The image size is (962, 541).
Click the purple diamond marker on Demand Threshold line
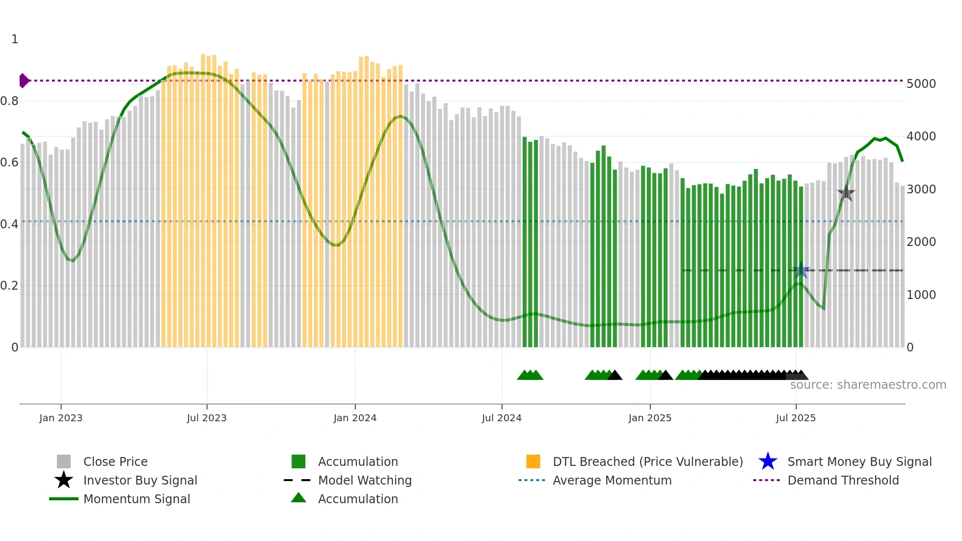pyautogui.click(x=24, y=81)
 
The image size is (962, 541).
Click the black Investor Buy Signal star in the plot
pyautogui.click(x=846, y=193)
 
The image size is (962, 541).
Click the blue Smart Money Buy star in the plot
pyautogui.click(x=801, y=270)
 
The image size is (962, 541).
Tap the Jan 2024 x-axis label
pyautogui.click(x=355, y=418)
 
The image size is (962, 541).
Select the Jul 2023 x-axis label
pyautogui.click(x=207, y=418)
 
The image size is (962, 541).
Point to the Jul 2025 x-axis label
pyautogui.click(x=796, y=418)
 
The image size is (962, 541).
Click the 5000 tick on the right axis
pyautogui.click(x=921, y=84)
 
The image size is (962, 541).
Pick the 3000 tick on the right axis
pyautogui.click(x=921, y=189)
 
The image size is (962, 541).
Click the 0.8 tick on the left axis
pyautogui.click(x=10, y=101)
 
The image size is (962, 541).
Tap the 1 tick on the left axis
pyautogui.click(x=15, y=39)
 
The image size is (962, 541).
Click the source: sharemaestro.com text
pyautogui.click(x=868, y=385)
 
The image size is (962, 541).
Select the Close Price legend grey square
pyautogui.click(x=64, y=461)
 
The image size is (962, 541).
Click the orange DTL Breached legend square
pyautogui.click(x=533, y=461)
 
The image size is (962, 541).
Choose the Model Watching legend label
pyautogui.click(x=365, y=480)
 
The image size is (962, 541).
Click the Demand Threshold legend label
pyautogui.click(x=843, y=480)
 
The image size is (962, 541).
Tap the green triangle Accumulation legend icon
pyautogui.click(x=298, y=498)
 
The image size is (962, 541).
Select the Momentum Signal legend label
pyautogui.click(x=136, y=499)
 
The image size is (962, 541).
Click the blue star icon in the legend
pyautogui.click(x=768, y=461)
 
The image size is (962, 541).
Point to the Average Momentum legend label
pyautogui.click(x=612, y=480)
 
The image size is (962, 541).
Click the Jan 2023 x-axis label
pyautogui.click(x=61, y=418)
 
